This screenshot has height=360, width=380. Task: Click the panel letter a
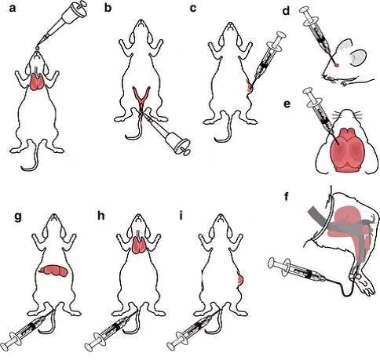[x=13, y=9]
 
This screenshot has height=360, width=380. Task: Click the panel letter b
[x=108, y=8]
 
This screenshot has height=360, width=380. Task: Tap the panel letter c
[x=193, y=9]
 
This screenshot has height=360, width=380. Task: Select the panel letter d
[x=287, y=11]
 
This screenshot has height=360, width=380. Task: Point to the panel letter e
[x=287, y=104]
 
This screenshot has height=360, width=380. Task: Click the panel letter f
[x=287, y=196]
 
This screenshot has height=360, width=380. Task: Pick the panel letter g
[x=18, y=217]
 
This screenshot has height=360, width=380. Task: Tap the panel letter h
[x=100, y=216]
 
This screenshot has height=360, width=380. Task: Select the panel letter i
[x=181, y=216]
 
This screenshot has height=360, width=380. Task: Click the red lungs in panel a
[x=38, y=82]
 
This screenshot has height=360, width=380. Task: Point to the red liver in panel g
[x=53, y=270]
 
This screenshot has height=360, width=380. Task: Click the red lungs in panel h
[x=140, y=245]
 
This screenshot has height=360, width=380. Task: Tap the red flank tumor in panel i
[x=240, y=280]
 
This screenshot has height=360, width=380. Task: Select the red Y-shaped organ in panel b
[x=141, y=97]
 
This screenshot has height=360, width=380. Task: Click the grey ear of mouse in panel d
[x=358, y=57]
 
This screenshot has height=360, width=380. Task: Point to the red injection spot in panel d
[x=337, y=65]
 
